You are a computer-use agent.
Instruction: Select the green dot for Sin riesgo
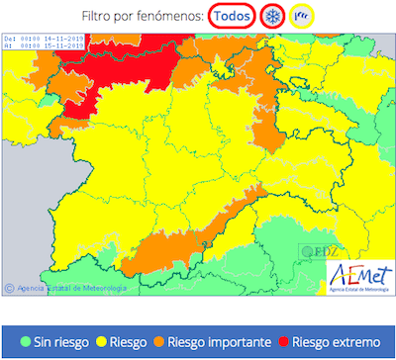(x=26, y=341)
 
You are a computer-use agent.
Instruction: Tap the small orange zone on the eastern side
(x=264, y=135)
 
